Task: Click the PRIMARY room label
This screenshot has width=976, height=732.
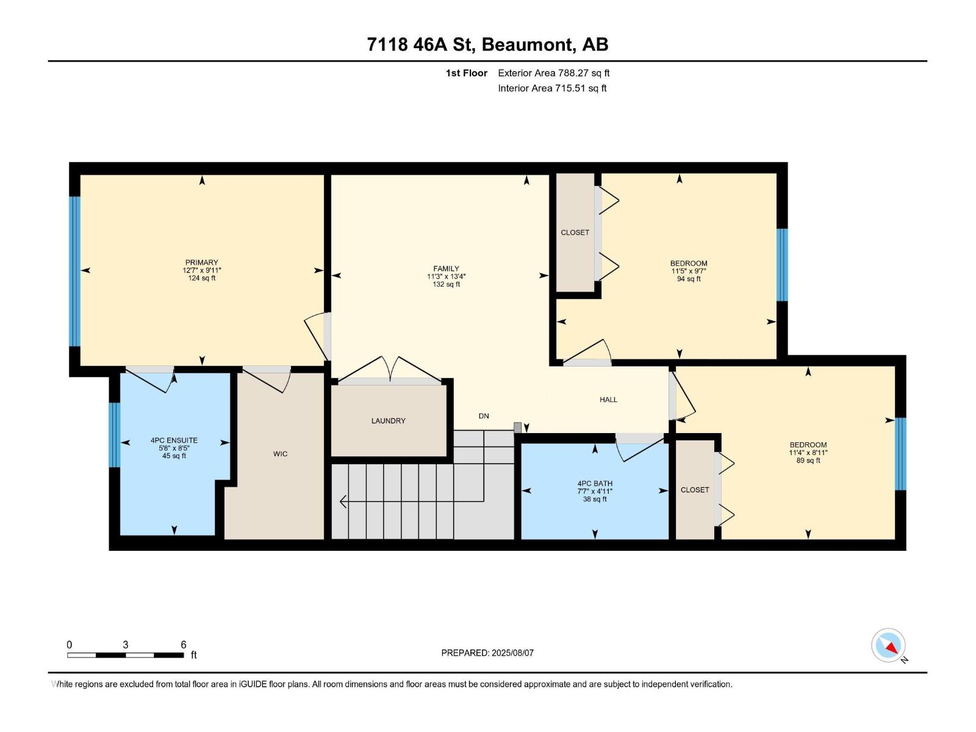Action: tap(201, 262)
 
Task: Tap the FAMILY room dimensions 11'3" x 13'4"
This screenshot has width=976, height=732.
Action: tap(446, 276)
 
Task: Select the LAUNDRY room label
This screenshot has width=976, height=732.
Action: tap(388, 421)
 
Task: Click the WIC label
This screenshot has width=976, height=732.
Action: tap(280, 454)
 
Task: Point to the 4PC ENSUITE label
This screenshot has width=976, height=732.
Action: tap(174, 440)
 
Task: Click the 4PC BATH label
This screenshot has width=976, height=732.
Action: tap(595, 483)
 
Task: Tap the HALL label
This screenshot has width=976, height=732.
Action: tap(608, 400)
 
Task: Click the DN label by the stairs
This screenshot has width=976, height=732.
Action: tap(484, 416)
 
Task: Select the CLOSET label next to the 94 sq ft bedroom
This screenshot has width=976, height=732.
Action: tap(575, 232)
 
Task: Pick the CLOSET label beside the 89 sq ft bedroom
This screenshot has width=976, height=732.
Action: tap(695, 490)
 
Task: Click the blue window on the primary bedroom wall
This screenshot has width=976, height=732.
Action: tap(74, 271)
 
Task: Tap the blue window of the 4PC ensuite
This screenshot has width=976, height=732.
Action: tap(114, 434)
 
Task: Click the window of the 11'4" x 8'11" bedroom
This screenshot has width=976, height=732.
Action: tap(900, 453)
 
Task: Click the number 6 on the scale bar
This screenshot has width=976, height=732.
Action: tap(183, 645)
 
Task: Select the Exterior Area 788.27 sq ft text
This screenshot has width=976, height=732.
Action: tap(553, 73)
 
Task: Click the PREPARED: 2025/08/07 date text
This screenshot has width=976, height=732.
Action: tap(487, 653)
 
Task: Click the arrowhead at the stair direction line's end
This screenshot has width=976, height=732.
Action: tap(343, 501)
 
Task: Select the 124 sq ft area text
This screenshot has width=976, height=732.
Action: tap(201, 278)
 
